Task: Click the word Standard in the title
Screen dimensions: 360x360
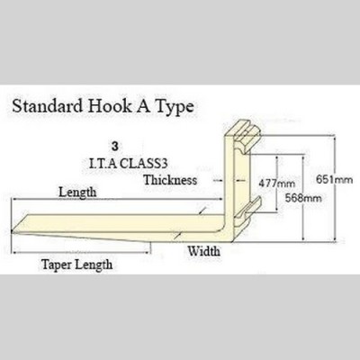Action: coord(48,106)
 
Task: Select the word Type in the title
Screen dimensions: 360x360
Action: coord(174,107)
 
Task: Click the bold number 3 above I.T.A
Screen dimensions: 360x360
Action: coord(114,147)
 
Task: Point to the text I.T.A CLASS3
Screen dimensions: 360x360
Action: coord(129,163)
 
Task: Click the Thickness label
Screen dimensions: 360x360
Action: coord(170,180)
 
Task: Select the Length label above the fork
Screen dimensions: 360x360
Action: coord(77,193)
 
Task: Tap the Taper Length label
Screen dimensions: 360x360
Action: coord(77,265)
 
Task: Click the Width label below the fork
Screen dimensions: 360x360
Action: coord(204,251)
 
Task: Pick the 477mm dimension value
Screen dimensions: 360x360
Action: coord(277,183)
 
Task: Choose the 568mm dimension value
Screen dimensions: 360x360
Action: coord(303,198)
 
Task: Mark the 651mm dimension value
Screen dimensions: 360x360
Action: coord(334,179)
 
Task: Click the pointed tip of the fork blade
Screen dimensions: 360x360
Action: coord(12,231)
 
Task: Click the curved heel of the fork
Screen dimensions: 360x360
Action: coord(229,231)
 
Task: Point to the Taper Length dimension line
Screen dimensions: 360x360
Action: coord(81,252)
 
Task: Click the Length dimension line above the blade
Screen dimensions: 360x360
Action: coord(117,199)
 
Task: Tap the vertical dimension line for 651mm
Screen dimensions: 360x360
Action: coord(335,188)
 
